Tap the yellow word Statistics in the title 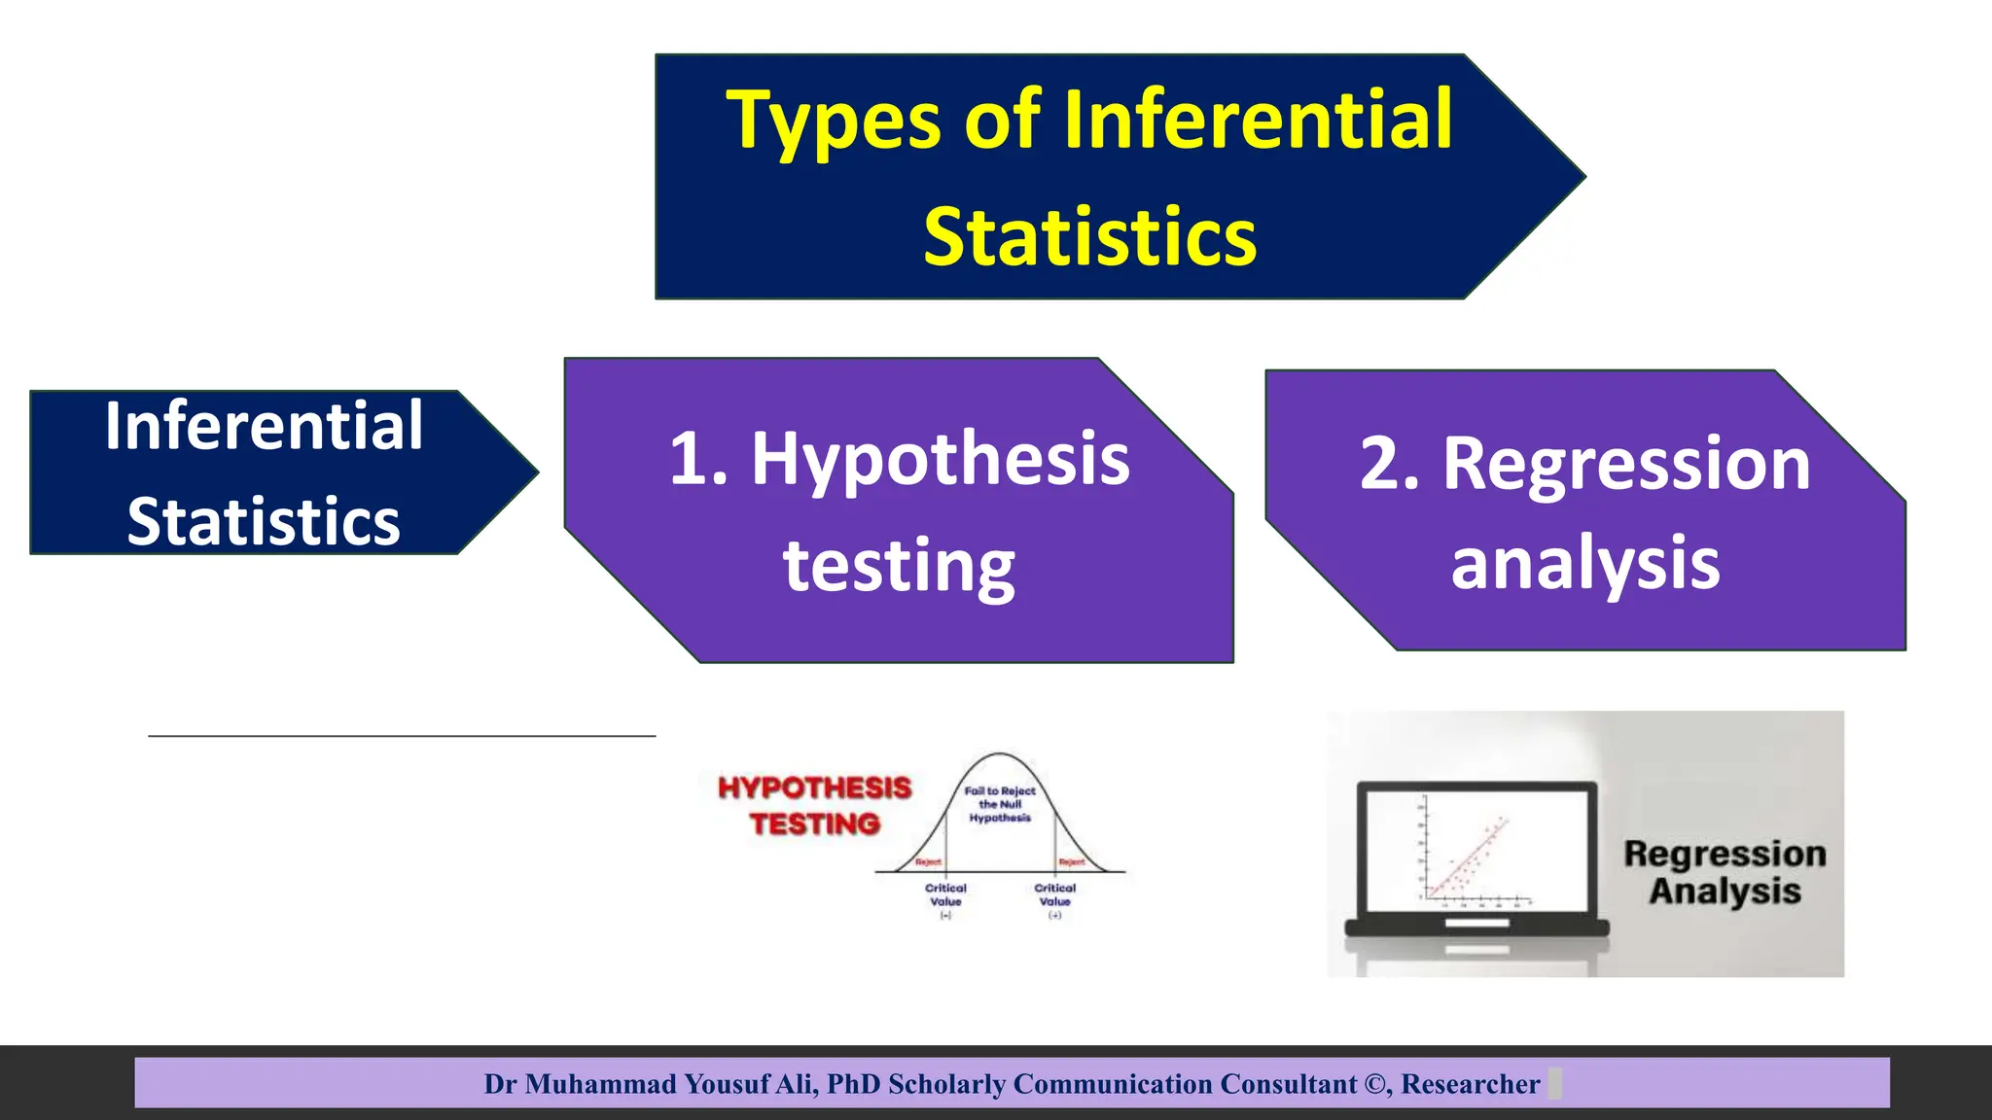[1089, 237]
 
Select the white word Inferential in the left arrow [264, 426]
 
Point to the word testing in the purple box [899, 566]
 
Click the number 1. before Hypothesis [698, 459]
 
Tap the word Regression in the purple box [1625, 464]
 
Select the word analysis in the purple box [1584, 563]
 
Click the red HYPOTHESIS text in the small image [814, 787]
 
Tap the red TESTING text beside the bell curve [814, 824]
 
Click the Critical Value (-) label [944, 895]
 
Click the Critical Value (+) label [1054, 895]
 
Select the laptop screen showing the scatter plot [1475, 850]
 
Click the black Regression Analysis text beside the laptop [1725, 872]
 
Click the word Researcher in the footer [1470, 1084]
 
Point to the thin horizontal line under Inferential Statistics [402, 736]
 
